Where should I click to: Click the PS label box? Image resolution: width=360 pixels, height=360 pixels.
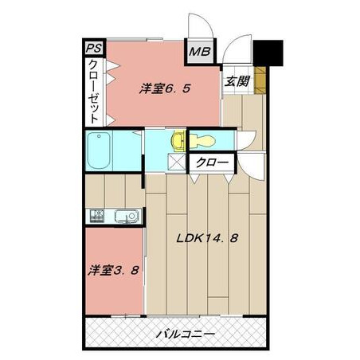(x=94, y=49)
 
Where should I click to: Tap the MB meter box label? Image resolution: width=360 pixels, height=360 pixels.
(x=200, y=52)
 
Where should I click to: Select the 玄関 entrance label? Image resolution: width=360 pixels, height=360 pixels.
(x=237, y=81)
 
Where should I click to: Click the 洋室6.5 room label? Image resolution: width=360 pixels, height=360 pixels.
(x=165, y=88)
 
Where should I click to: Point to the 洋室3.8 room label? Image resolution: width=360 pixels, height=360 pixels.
(x=114, y=271)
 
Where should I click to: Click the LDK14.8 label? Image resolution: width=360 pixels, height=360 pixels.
(x=208, y=238)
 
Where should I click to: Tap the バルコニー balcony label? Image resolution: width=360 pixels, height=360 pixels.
(x=185, y=334)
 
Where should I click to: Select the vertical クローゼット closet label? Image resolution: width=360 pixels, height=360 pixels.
(x=95, y=92)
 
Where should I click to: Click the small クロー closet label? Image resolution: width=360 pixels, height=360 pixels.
(x=212, y=162)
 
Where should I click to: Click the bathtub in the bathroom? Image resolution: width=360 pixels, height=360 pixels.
(x=99, y=151)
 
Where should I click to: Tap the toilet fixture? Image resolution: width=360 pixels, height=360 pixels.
(x=202, y=141)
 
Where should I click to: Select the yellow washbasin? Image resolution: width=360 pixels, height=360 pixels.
(x=178, y=141)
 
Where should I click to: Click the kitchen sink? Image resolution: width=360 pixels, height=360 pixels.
(x=127, y=216)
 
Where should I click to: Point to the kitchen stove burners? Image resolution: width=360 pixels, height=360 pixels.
(x=97, y=216)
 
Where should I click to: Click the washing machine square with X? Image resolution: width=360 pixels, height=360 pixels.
(x=176, y=162)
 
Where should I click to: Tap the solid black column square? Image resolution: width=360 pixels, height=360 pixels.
(x=268, y=53)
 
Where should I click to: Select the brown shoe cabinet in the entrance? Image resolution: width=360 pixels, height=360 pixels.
(x=260, y=80)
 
